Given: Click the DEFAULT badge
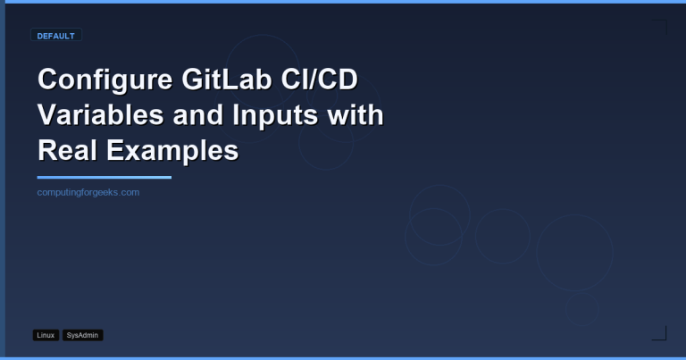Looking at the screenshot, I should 55,36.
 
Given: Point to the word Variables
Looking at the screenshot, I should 96,115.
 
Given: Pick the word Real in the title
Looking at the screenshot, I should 66,150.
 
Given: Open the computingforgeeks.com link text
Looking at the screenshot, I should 88,192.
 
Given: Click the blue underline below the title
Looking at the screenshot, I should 104,177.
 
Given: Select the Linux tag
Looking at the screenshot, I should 46,335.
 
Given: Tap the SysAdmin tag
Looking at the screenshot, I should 83,335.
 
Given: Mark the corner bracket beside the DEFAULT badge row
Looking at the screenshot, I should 659,27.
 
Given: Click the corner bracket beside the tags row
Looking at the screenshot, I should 659,333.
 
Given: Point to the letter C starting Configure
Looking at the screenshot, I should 47,80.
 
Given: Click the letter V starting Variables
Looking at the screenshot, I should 46,115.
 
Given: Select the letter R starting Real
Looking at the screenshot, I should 47,150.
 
